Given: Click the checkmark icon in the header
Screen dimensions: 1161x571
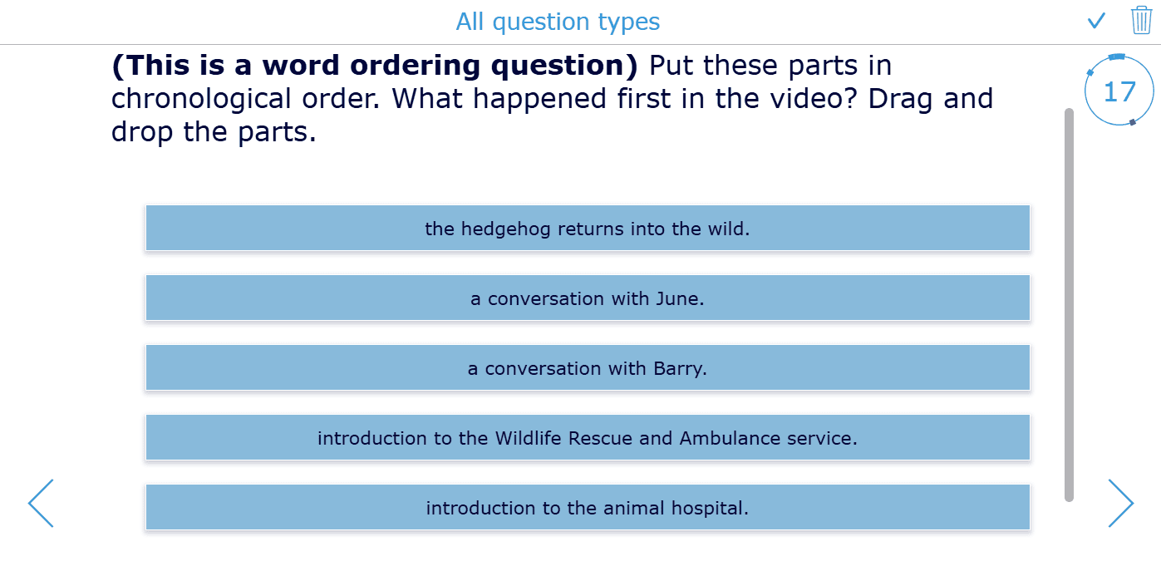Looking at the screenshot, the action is click(x=1096, y=21).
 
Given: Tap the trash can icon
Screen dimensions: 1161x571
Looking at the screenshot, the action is click(x=1141, y=20).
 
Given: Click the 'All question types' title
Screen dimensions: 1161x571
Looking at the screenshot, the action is click(x=558, y=22).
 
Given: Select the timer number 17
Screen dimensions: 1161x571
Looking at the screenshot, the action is click(x=1119, y=91).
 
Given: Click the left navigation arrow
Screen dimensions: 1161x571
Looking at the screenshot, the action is click(x=41, y=503).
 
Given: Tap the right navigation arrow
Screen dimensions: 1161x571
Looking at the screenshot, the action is click(x=1120, y=503).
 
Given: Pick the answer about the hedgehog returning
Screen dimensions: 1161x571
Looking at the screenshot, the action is click(x=588, y=228).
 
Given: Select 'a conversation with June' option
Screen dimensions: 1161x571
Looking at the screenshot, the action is click(x=588, y=298).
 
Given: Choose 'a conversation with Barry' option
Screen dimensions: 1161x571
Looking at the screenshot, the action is click(x=588, y=368).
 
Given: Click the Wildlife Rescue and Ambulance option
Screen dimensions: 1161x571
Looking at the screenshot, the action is click(x=588, y=437).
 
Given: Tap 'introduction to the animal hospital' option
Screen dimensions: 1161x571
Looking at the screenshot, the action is click(x=588, y=507).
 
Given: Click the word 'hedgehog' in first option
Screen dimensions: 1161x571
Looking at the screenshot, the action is click(x=505, y=229).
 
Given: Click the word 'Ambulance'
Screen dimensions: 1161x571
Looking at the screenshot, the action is click(x=730, y=438).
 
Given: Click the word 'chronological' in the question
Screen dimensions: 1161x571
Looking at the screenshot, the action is click(x=202, y=99).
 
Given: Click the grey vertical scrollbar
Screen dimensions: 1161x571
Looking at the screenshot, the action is click(x=1069, y=305).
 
